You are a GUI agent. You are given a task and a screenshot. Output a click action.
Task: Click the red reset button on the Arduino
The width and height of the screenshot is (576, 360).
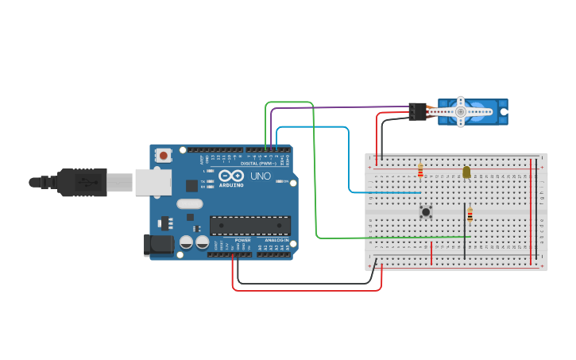point(163,155)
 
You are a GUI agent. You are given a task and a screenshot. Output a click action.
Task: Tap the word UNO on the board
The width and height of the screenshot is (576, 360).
point(261,176)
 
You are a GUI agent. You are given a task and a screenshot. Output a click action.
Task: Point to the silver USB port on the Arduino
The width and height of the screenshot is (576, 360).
point(153,182)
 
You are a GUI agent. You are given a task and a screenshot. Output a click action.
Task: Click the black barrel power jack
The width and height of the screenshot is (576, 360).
point(158,245)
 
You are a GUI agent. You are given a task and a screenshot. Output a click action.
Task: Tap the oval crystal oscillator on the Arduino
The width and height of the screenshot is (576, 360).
point(190,203)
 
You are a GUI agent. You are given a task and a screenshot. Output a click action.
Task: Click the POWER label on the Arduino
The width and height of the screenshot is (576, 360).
point(242,240)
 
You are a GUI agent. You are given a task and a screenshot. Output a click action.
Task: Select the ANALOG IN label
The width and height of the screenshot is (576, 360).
point(276,240)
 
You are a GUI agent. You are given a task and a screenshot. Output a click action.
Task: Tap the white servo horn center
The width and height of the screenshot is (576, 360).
point(460,112)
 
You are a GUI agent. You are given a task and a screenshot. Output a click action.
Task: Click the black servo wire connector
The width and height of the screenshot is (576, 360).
point(418,111)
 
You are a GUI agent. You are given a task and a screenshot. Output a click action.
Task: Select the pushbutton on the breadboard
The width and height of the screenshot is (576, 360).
point(426,211)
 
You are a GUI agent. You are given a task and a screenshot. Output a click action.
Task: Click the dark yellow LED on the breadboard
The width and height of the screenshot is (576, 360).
point(466,172)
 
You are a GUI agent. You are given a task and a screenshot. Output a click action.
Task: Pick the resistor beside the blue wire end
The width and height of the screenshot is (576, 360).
point(420,171)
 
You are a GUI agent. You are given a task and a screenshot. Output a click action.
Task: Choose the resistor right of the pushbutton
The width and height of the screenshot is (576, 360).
point(470,215)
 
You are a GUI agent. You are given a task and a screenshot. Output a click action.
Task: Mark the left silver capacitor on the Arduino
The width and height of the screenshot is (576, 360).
point(187,242)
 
